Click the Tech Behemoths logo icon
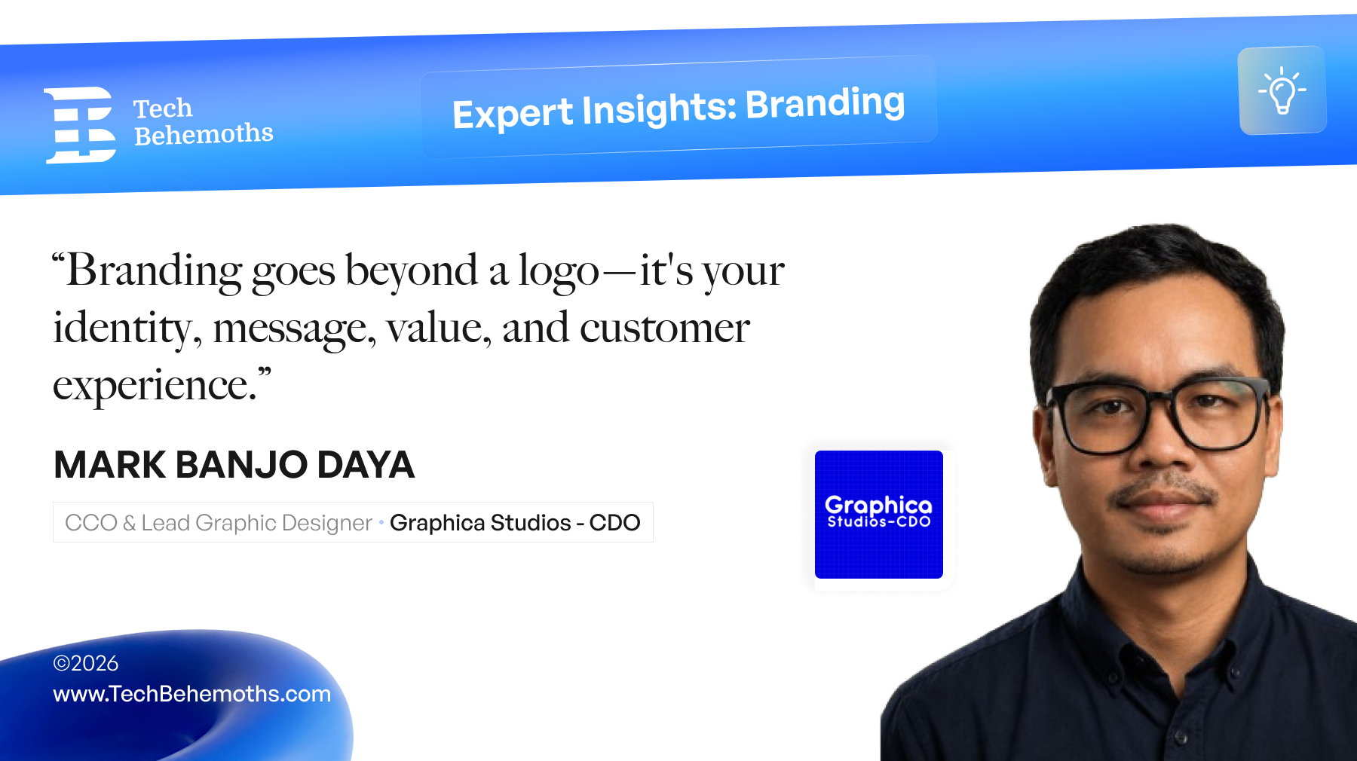pyautogui.click(x=81, y=124)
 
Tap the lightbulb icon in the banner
pyautogui.click(x=1282, y=90)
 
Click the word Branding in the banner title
pyautogui.click(x=825, y=103)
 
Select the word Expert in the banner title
pyautogui.click(x=513, y=114)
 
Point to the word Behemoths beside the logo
pyautogui.click(x=204, y=134)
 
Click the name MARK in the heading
pyautogui.click(x=110, y=464)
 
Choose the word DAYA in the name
pyautogui.click(x=366, y=464)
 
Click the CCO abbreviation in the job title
pyautogui.click(x=91, y=522)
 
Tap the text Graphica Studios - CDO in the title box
pyautogui.click(x=515, y=522)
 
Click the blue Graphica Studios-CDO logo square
pyautogui.click(x=879, y=515)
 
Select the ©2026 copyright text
pyautogui.click(x=86, y=663)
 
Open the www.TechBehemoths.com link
pyautogui.click(x=192, y=694)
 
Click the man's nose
pyautogui.click(x=1165, y=452)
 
